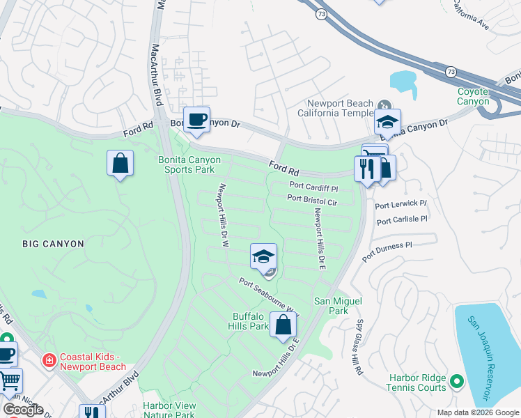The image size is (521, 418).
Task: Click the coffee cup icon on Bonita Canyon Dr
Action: pyautogui.click(x=196, y=118)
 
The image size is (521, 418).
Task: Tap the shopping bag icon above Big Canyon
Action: pyautogui.click(x=120, y=164)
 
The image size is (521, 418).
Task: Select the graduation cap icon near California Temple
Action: pyautogui.click(x=387, y=122)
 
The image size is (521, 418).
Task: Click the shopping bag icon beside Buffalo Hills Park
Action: pyautogui.click(x=283, y=325)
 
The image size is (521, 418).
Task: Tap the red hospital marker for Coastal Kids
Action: pyautogui.click(x=48, y=360)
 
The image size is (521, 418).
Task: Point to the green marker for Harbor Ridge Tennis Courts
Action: pyautogui.click(x=457, y=381)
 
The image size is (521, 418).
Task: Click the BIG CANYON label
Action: pyautogui.click(x=53, y=244)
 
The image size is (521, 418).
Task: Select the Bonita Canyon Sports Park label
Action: pyautogui.click(x=189, y=164)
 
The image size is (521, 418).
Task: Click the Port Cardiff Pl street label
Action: pyautogui.click(x=313, y=187)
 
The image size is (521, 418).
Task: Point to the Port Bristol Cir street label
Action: pyautogui.click(x=312, y=200)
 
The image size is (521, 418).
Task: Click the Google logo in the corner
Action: pyautogui.click(x=23, y=410)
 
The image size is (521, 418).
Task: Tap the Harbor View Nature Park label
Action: pyautogui.click(x=169, y=410)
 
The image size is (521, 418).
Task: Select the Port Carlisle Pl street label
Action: pyautogui.click(x=401, y=219)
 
